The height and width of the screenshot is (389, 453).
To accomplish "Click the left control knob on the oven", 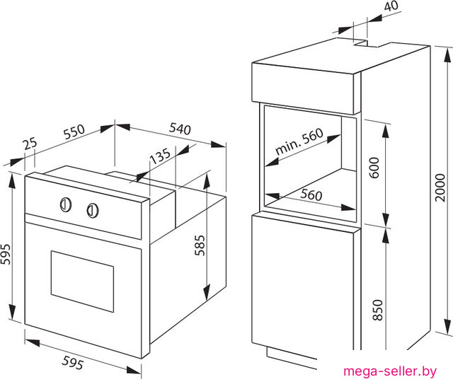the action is click(x=66, y=204).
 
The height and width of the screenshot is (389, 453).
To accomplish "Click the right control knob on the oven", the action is click(x=93, y=210).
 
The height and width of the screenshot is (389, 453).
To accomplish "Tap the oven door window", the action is click(x=82, y=281).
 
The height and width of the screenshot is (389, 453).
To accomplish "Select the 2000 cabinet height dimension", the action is click(x=440, y=187).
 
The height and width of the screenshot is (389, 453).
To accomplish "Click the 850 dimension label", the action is click(x=377, y=310).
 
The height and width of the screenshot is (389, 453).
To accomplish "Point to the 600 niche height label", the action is click(x=374, y=168).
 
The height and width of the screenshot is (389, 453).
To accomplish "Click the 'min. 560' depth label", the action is click(x=299, y=141).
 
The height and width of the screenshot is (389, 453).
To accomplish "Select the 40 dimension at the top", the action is click(x=391, y=6).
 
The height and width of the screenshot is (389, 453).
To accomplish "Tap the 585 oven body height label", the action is click(x=200, y=245).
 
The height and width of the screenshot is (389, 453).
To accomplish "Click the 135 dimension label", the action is click(x=161, y=156).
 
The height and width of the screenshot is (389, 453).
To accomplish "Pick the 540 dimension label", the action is click(x=180, y=129).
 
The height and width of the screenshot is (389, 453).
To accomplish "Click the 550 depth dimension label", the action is click(x=74, y=132).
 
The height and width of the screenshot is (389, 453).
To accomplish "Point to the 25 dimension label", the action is click(x=30, y=144).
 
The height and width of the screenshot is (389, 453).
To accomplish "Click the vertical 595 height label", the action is click(x=6, y=254).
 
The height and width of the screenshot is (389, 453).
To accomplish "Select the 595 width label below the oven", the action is click(x=73, y=363).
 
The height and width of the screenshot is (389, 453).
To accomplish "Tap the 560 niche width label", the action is click(x=311, y=194).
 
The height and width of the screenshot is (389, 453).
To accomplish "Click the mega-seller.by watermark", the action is click(x=390, y=371).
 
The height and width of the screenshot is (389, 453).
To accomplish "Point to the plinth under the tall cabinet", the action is click(x=292, y=358).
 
